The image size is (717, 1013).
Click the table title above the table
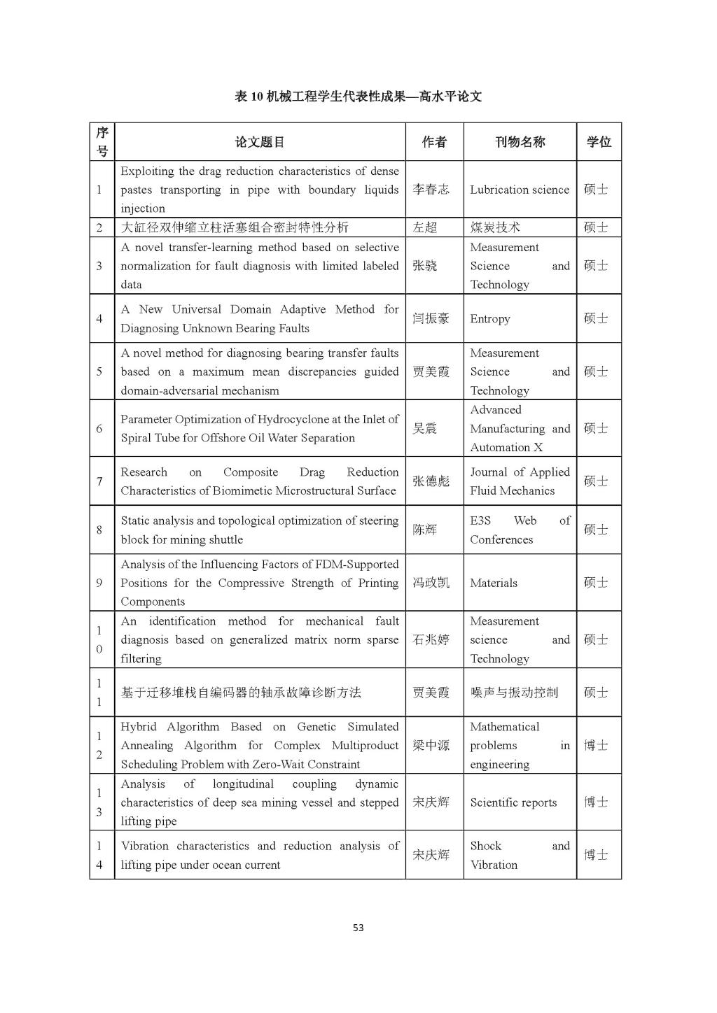coord(358,97)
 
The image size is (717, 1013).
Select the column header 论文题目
coord(260,142)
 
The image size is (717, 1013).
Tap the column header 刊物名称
coord(520,142)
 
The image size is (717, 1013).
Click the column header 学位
coord(599,142)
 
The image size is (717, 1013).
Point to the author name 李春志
coord(431,190)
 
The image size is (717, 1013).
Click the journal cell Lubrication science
coord(520,190)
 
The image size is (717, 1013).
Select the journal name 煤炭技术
coord(495,227)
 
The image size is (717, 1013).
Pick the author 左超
coord(424,227)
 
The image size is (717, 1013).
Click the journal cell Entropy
coord(490,319)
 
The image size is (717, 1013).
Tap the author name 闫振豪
coord(431,319)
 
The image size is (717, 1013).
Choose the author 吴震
coord(424,429)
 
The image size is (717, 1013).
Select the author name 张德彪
coord(431,481)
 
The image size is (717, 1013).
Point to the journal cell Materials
coord(494,583)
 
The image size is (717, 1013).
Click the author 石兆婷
coord(431,639)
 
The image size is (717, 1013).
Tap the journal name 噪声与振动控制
coord(514,693)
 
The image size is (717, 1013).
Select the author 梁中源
coord(431,746)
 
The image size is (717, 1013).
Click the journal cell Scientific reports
coord(513,802)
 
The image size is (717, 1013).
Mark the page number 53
coord(358,928)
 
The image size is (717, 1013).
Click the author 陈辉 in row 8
coord(424,530)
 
